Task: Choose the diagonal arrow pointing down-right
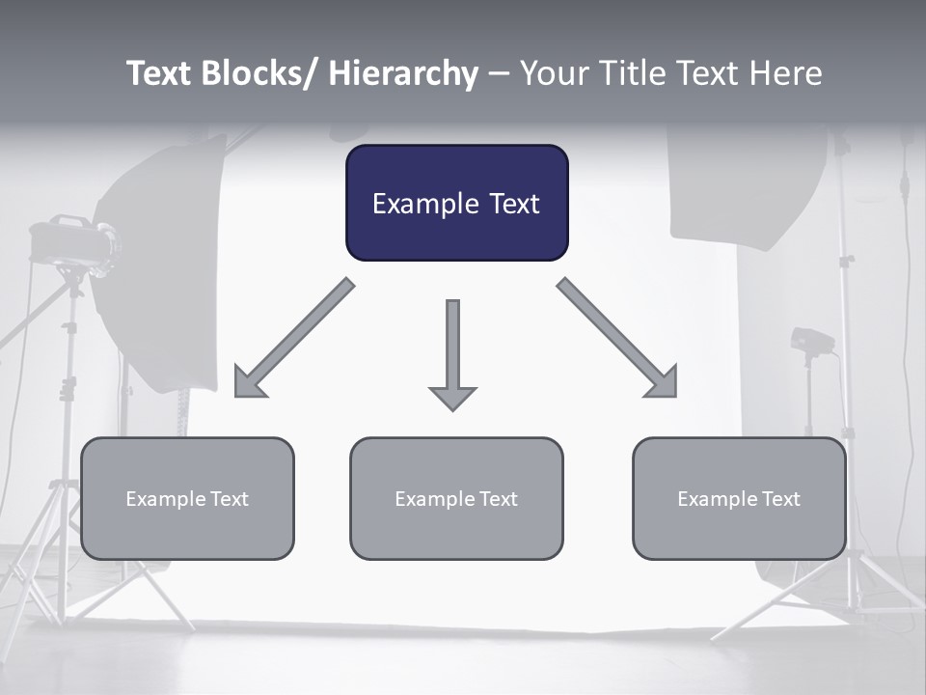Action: (x=618, y=339)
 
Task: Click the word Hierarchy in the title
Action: (x=403, y=73)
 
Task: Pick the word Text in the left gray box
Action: (x=230, y=499)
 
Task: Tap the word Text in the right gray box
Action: (x=781, y=499)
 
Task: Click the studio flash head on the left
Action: (x=72, y=242)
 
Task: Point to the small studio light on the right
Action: (x=810, y=342)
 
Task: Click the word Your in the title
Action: (x=552, y=73)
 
